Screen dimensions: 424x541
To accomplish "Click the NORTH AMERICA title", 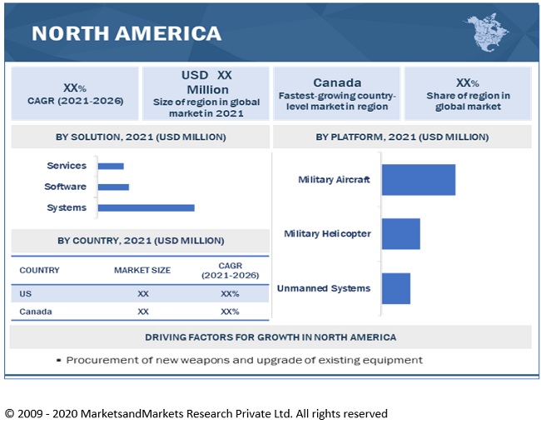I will click(x=127, y=33).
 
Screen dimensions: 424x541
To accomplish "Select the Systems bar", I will click(x=146, y=207).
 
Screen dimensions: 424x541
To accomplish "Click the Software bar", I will click(x=113, y=187).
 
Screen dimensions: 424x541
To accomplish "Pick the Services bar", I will click(x=111, y=167).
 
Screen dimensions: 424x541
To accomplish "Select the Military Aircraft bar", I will click(x=418, y=179).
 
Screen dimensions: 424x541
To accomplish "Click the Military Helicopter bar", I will click(x=400, y=234).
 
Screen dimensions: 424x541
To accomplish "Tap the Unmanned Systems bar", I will click(x=395, y=288).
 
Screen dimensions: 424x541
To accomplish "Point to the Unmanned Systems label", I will click(x=324, y=288).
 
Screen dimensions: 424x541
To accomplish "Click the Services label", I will click(x=67, y=167).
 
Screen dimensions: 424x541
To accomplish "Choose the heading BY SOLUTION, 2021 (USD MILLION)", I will click(x=139, y=137).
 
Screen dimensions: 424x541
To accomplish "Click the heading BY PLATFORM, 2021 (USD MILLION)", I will click(x=402, y=137).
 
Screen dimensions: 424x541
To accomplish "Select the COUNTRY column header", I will click(x=39, y=270).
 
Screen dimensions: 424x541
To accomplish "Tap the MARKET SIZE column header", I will click(x=142, y=270).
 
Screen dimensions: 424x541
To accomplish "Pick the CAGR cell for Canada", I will click(x=230, y=312).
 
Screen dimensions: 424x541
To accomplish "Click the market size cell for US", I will click(x=143, y=293).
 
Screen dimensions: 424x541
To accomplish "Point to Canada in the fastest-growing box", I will click(x=337, y=82).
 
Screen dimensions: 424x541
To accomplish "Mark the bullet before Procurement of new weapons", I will click(x=59, y=361).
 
